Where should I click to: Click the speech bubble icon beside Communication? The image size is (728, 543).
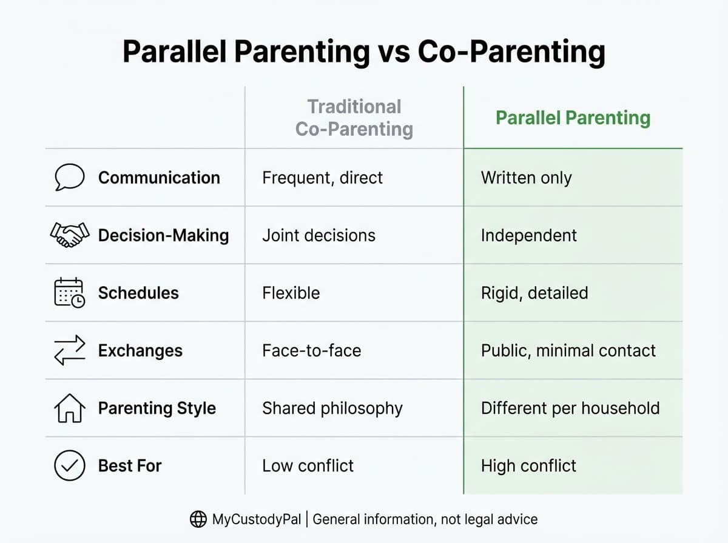pos(69,178)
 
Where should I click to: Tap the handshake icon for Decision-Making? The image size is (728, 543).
pos(69,235)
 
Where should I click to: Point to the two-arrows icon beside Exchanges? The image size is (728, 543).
pos(69,350)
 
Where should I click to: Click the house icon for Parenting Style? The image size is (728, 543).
pos(69,408)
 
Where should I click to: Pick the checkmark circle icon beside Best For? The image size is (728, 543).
pos(69,465)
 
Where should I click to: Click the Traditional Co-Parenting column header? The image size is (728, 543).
pos(354,118)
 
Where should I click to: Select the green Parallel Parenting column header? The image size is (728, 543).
pos(573,118)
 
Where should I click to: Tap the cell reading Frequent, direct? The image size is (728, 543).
pos(322,178)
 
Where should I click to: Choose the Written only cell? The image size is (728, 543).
pos(526,178)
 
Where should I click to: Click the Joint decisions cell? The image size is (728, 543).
pos(318,235)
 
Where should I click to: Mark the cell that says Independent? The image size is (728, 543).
pos(528,235)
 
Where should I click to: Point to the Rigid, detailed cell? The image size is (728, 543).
pos(534,293)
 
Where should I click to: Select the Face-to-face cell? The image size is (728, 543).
pos(311,350)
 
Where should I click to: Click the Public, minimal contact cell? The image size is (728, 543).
pos(568,350)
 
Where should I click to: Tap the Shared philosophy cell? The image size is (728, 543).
pos(332,408)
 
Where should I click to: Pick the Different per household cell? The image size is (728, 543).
pos(570,408)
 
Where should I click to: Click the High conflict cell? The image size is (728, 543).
pos(528,465)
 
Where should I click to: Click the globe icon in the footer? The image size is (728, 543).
pos(198,519)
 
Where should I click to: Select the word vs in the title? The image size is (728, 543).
pos(393,52)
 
